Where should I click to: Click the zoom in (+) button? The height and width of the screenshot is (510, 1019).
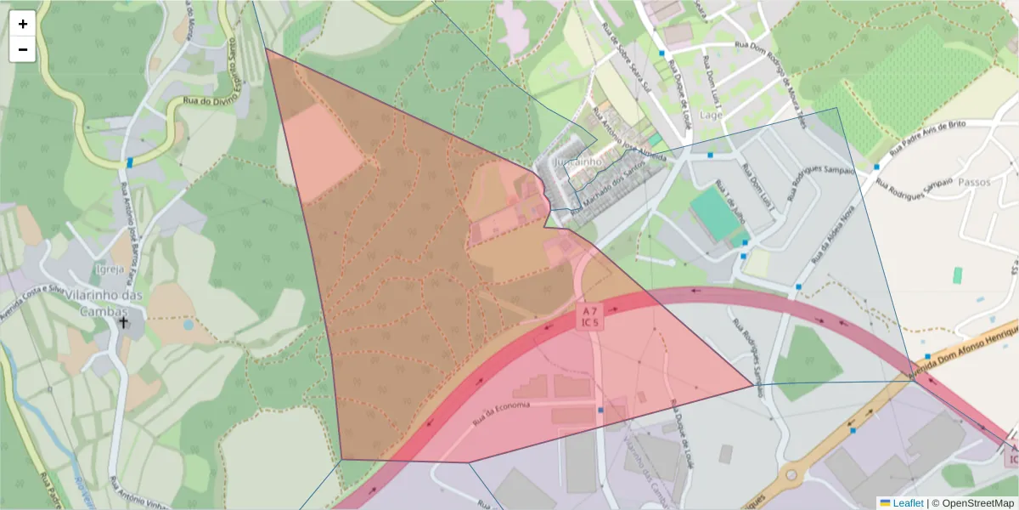[23, 24]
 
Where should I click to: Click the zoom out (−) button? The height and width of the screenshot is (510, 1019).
[23, 49]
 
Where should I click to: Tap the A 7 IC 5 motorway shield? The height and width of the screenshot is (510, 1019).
[590, 316]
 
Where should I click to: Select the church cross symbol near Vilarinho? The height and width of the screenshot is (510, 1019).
[123, 322]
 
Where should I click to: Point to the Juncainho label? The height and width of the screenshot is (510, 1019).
[577, 161]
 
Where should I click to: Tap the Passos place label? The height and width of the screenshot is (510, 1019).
[974, 182]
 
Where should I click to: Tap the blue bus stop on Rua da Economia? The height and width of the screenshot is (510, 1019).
[600, 411]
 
